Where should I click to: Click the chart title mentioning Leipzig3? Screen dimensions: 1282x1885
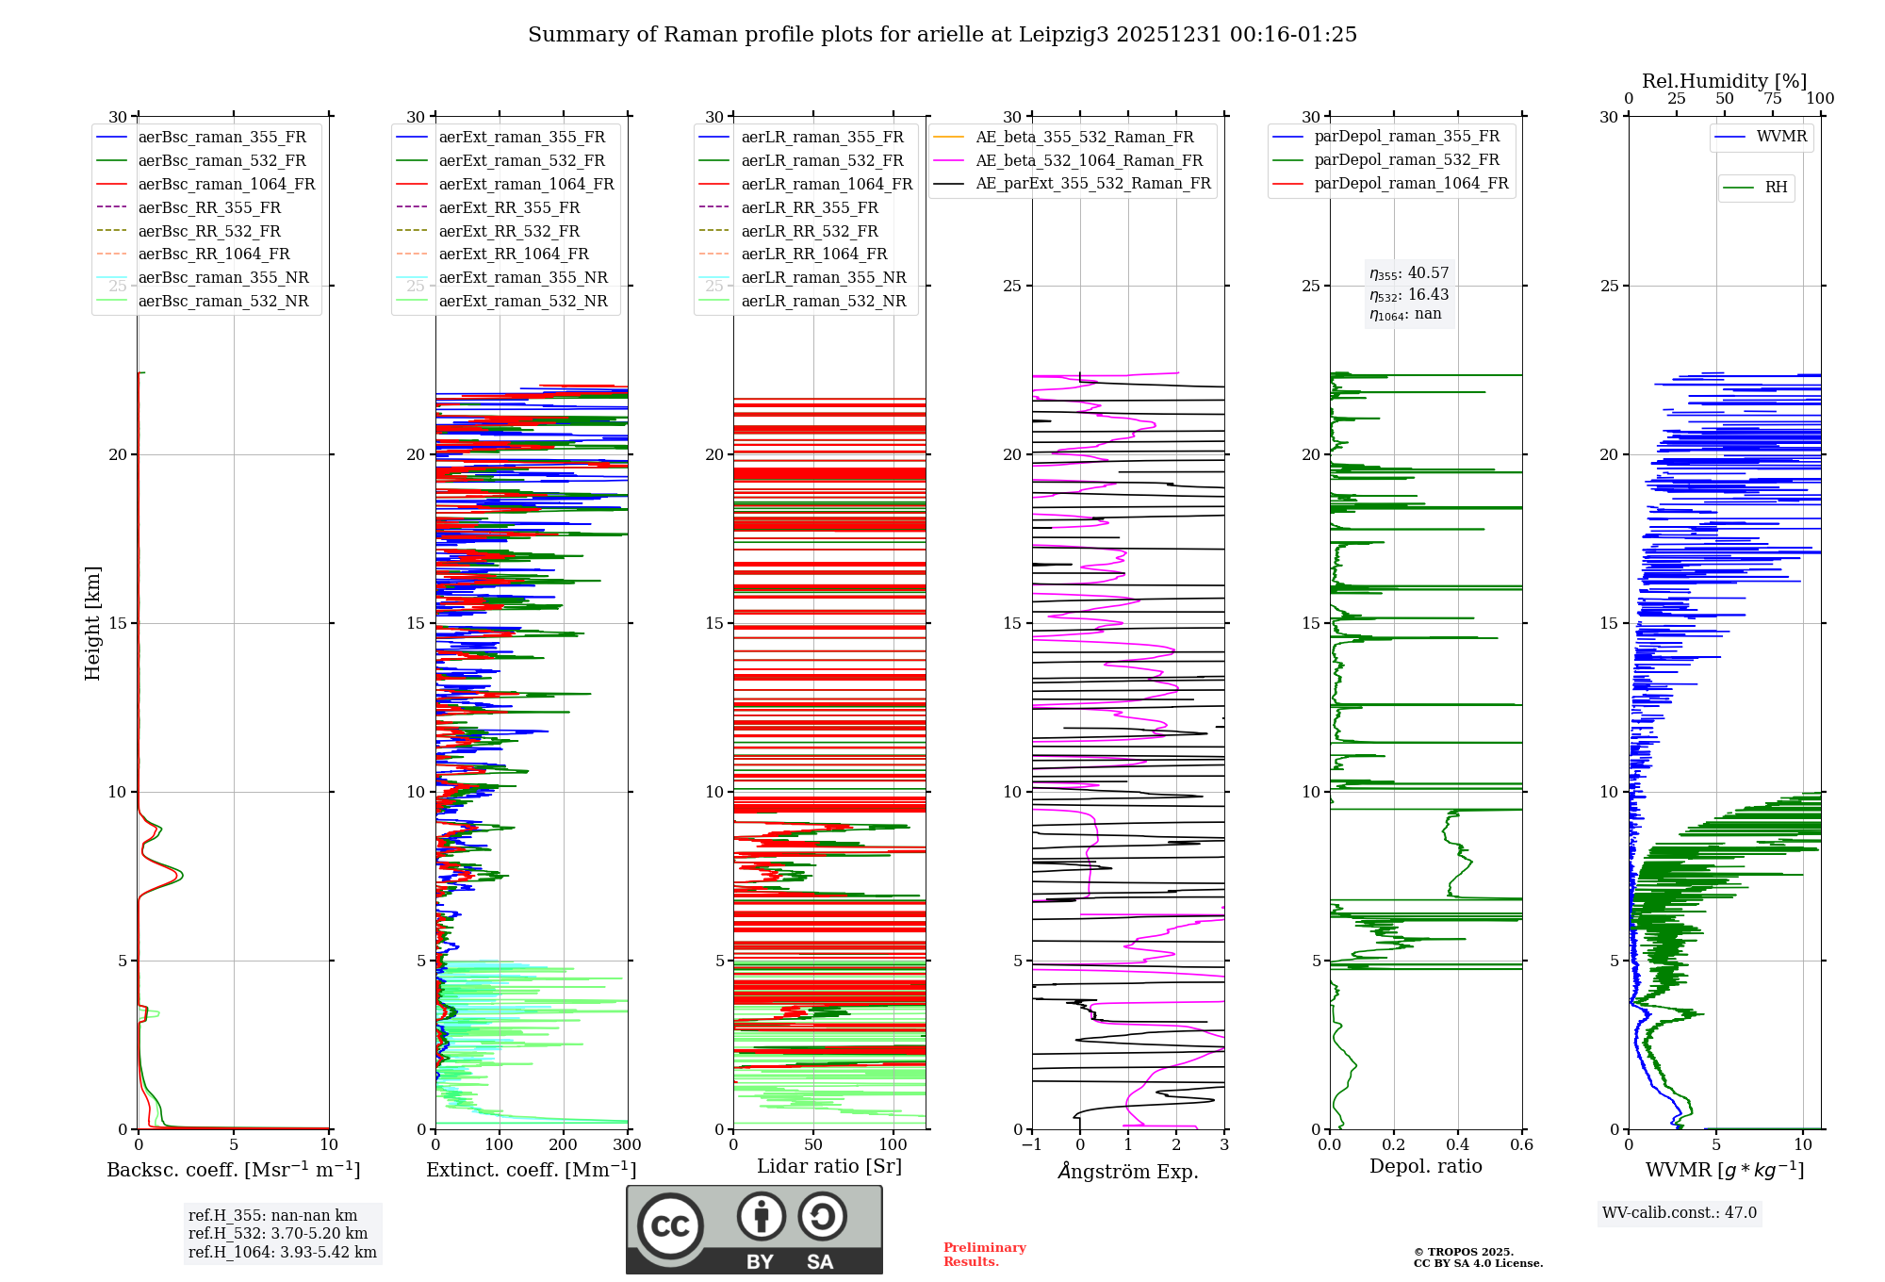click(x=942, y=35)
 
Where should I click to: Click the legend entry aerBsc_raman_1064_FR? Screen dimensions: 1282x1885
click(x=226, y=184)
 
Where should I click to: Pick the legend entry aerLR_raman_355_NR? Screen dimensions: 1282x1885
click(x=823, y=277)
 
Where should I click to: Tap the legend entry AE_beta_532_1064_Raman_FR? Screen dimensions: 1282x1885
click(x=1089, y=160)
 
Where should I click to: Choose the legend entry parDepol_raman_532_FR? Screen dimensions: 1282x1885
click(x=1406, y=160)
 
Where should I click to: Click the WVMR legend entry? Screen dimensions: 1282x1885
click(x=1780, y=137)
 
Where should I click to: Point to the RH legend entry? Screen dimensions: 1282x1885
click(x=1776, y=188)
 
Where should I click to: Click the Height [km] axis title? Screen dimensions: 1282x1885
click(x=92, y=623)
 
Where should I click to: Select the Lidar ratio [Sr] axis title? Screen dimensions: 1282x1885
click(x=829, y=1166)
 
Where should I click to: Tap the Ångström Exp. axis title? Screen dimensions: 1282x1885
click(x=1128, y=1172)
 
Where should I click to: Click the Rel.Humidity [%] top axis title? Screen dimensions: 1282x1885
click(x=1724, y=81)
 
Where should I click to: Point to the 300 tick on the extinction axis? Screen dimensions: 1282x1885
click(x=627, y=1145)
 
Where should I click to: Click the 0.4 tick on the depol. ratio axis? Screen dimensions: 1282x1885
click(x=1458, y=1145)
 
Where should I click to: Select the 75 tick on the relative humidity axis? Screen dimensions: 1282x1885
click(x=1773, y=99)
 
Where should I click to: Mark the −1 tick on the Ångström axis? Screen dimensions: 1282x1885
click(x=1031, y=1145)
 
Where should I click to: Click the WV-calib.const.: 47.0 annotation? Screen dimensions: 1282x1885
click(x=1680, y=1213)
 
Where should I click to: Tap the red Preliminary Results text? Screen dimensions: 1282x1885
click(x=984, y=1255)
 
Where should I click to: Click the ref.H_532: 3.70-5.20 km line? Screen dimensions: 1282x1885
click(x=278, y=1234)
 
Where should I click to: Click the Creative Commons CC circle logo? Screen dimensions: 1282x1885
click(x=670, y=1226)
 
